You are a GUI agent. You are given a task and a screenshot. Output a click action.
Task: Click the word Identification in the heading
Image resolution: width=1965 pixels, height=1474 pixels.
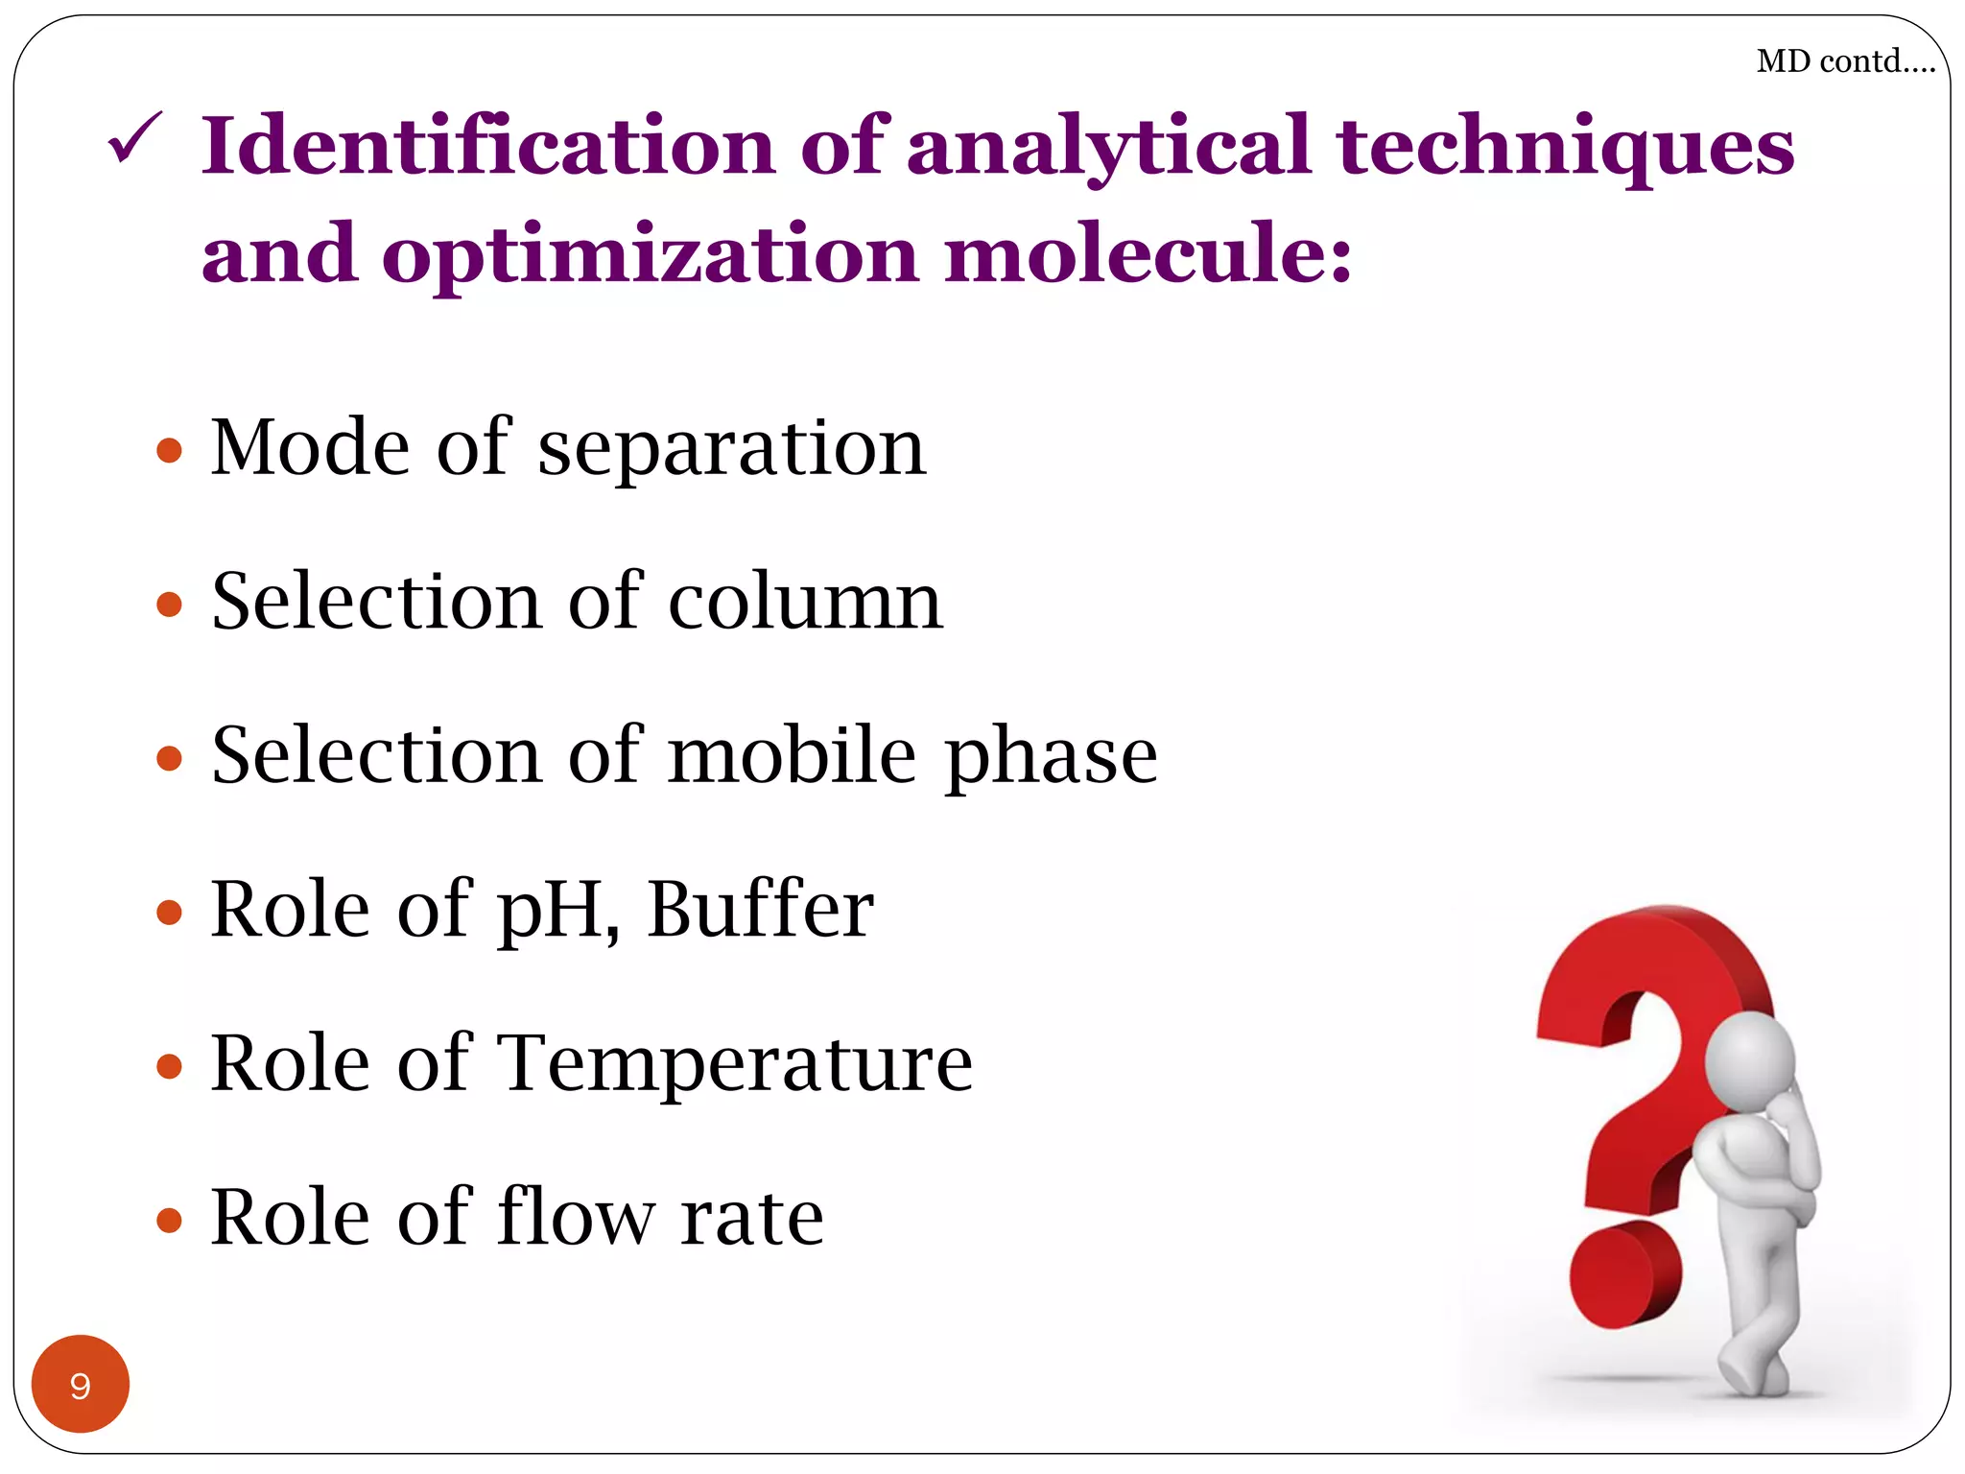tap(488, 146)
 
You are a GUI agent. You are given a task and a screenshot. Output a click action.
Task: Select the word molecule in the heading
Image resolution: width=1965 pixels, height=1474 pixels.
tap(1148, 254)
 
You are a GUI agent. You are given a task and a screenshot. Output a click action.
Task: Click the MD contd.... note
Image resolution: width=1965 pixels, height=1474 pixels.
tap(1845, 61)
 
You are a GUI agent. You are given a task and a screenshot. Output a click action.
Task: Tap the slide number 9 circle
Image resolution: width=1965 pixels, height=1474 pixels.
tap(81, 1384)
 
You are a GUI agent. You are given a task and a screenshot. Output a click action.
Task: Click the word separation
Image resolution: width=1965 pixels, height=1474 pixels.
tap(732, 448)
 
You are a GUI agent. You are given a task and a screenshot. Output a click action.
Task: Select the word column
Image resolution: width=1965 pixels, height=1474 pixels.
tap(805, 602)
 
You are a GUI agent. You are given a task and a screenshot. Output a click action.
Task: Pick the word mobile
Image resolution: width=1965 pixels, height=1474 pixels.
tap(793, 755)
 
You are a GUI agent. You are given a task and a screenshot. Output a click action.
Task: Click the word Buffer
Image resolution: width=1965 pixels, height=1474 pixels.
tap(760, 909)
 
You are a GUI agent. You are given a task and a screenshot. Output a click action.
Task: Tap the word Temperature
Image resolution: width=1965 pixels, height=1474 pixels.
tap(736, 1063)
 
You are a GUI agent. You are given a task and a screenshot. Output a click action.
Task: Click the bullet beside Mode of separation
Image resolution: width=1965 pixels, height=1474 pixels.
tap(169, 450)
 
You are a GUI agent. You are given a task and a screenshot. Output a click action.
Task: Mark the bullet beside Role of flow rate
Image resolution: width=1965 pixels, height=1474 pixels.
tap(169, 1220)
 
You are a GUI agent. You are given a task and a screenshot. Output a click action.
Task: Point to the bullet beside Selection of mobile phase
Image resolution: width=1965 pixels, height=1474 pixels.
tap(169, 758)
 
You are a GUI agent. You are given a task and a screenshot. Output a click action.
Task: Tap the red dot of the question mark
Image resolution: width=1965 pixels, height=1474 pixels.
tap(1624, 1274)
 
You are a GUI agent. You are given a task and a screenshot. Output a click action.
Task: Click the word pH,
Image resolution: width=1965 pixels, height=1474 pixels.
tap(557, 911)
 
